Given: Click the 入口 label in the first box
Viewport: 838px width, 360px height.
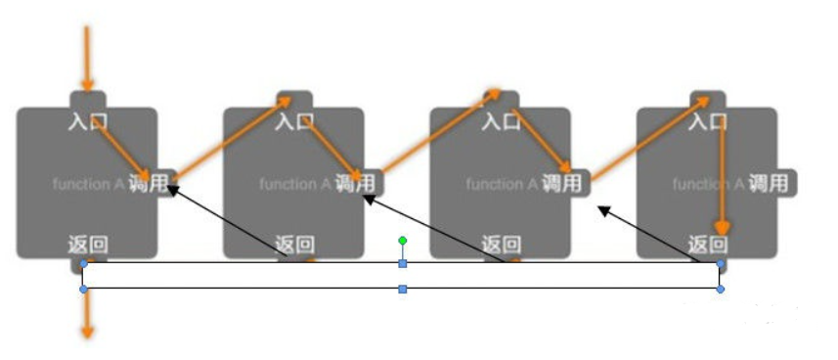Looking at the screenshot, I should point(87,122).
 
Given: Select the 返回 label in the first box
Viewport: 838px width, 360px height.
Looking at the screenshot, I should point(87,245).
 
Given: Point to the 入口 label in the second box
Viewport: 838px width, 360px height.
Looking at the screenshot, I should point(294,122).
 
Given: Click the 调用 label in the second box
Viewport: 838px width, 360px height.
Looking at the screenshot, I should point(355,183).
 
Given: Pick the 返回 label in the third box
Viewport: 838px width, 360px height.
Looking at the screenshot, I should point(501,245).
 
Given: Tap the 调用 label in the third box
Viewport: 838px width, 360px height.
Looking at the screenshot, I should point(562,183).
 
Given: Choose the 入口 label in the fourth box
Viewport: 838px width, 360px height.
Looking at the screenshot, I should point(707,122).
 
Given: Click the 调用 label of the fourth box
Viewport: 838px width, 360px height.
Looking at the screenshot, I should point(770,183).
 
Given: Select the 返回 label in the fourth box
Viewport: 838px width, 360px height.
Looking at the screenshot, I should point(707,245).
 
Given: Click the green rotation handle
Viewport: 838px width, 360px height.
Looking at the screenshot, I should point(402,240).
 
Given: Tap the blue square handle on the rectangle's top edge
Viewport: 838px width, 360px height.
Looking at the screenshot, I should point(402,264).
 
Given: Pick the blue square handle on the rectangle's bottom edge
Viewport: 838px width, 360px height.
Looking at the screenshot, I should point(402,290).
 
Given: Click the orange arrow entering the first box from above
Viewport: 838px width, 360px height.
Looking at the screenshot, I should point(87,59).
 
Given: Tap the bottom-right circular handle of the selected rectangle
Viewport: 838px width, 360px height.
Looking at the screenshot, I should point(721,290).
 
